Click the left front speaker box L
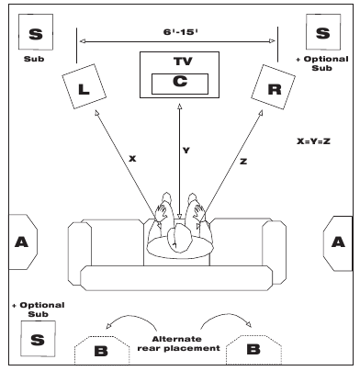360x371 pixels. pyautogui.click(x=84, y=86)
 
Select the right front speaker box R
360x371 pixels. pyautogui.click(x=273, y=87)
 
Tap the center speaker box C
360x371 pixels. pyautogui.click(x=180, y=84)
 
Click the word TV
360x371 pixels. pyautogui.click(x=183, y=62)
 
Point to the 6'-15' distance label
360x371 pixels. pyautogui.click(x=180, y=32)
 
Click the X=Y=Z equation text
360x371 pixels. pyautogui.click(x=313, y=141)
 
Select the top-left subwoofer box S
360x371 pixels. pyautogui.click(x=36, y=32)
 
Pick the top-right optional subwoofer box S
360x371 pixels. pyautogui.click(x=323, y=32)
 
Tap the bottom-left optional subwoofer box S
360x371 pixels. pyautogui.click(x=38, y=339)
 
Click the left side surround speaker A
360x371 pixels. pyautogui.click(x=22, y=242)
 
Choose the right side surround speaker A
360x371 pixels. pyautogui.click(x=338, y=243)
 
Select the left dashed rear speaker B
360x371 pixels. pyautogui.click(x=102, y=351)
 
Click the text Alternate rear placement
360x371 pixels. pyautogui.click(x=178, y=343)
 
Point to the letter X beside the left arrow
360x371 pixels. pyautogui.click(x=132, y=159)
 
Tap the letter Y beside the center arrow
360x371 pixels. pyautogui.click(x=186, y=151)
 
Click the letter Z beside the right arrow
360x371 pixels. pyautogui.click(x=243, y=162)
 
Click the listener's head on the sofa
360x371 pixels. pyautogui.click(x=179, y=238)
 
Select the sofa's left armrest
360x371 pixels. pyautogui.click(x=80, y=253)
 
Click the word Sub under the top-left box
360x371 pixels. pyautogui.click(x=34, y=59)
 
